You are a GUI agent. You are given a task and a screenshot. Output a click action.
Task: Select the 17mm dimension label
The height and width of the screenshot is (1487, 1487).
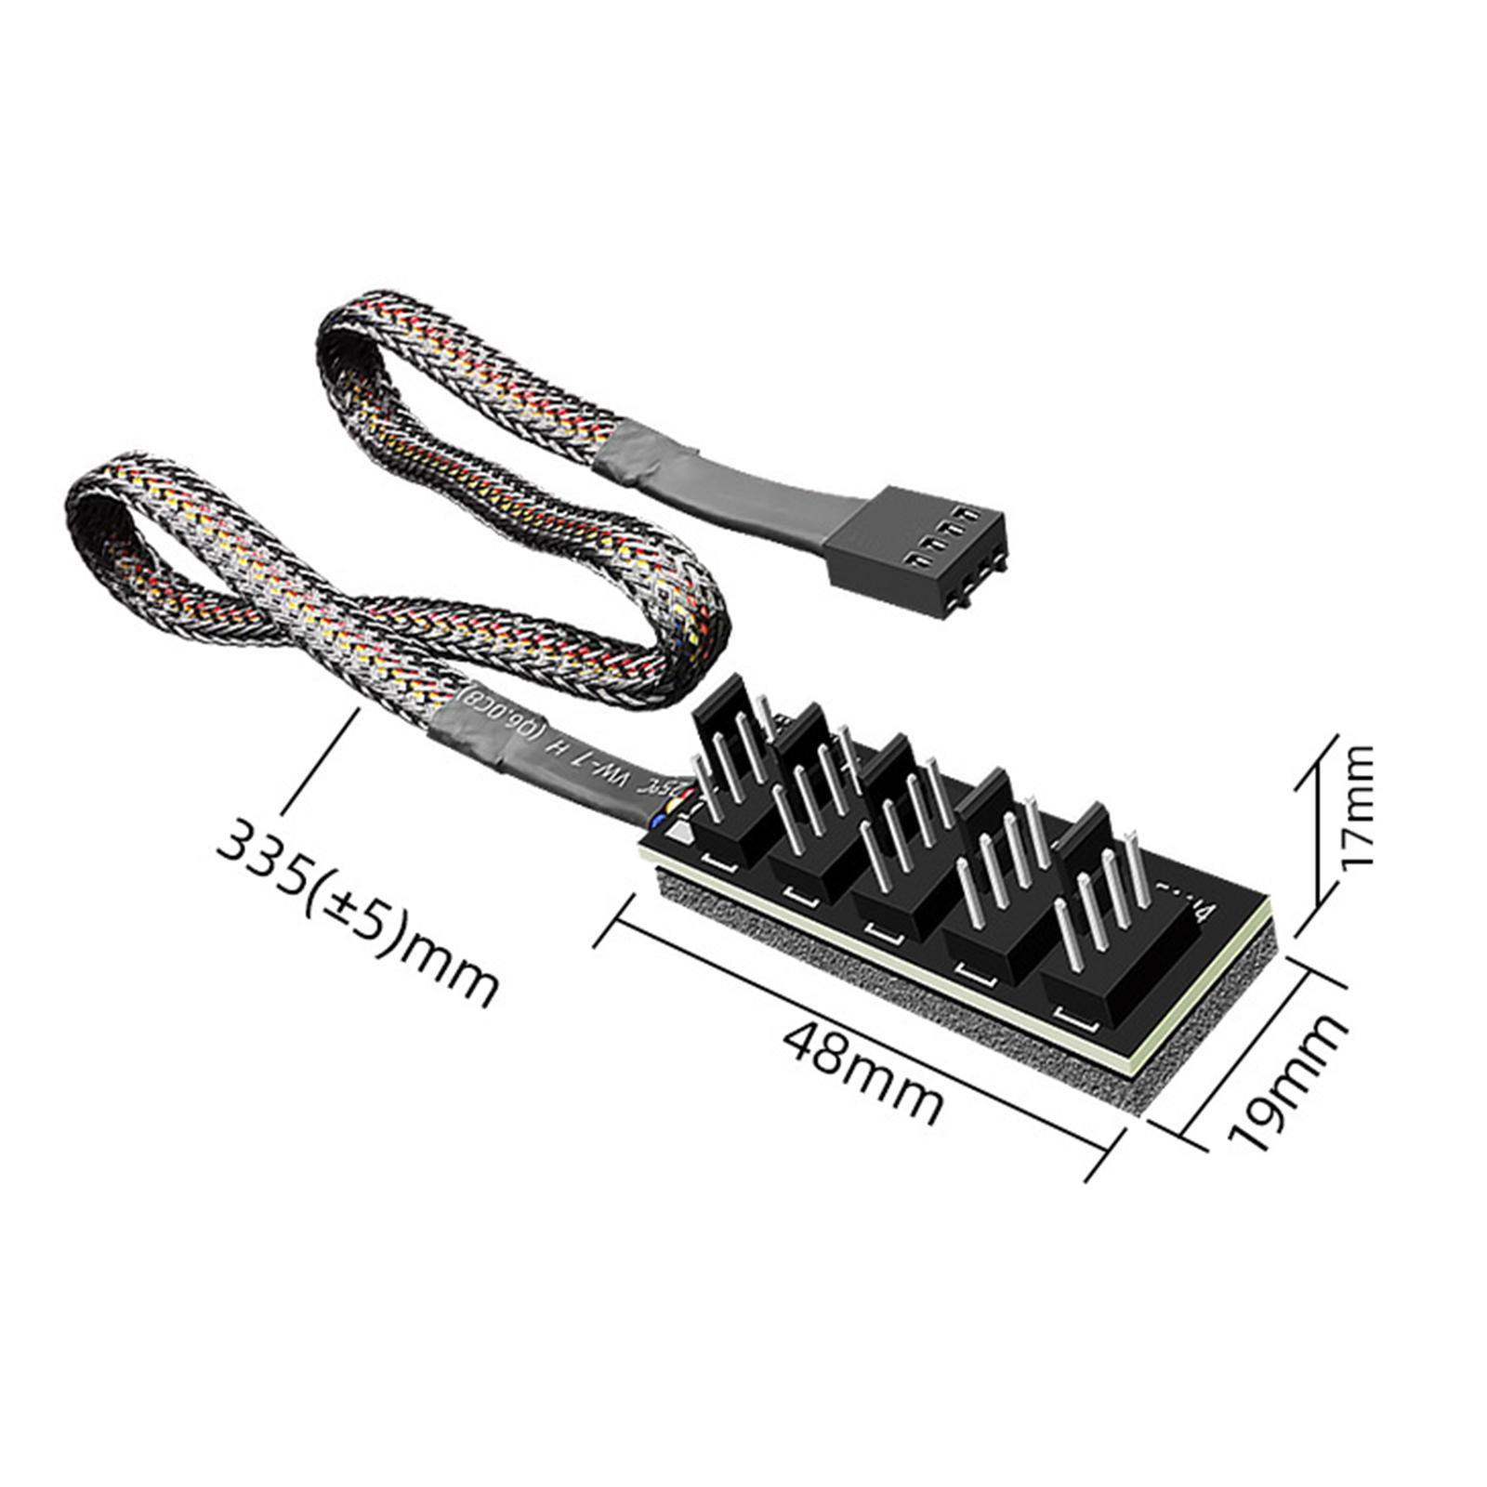[x=1357, y=805]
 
